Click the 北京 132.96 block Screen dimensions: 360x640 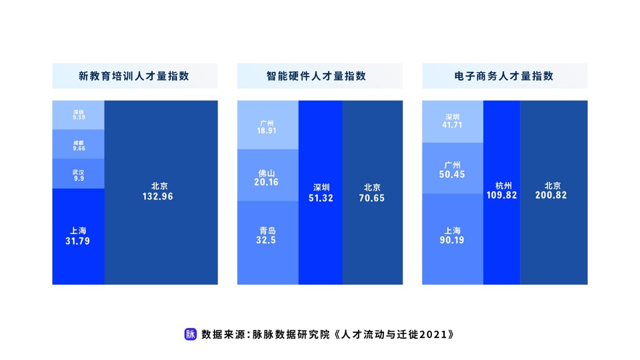161,192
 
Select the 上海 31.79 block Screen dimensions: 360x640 78,236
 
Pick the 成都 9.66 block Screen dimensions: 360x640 78,146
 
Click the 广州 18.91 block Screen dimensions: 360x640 268,125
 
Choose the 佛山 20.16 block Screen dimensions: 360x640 268,175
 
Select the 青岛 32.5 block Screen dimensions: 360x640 268,243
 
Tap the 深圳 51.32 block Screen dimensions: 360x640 321,192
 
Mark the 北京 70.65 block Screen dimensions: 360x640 372,192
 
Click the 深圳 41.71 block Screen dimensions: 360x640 452,121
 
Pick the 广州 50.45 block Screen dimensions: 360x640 452,168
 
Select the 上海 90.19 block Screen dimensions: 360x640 452,238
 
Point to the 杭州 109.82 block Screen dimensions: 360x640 502,192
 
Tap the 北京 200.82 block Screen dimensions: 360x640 554,192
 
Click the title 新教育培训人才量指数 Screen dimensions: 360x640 135,76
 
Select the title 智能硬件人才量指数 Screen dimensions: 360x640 320,76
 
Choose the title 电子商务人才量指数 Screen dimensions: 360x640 505,76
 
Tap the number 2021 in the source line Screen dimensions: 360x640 435,335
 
